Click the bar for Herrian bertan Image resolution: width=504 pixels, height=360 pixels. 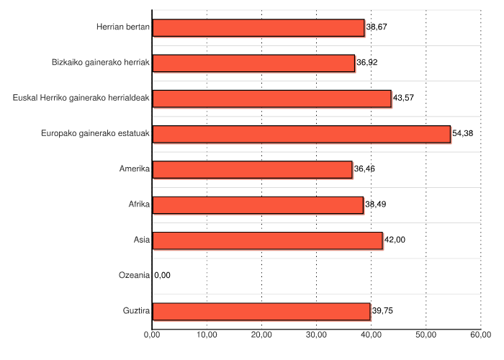point(258,27)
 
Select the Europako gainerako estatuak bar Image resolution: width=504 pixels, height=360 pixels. point(301,134)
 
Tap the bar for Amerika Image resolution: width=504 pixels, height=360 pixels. point(252,169)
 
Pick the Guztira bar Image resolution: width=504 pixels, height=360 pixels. point(261,311)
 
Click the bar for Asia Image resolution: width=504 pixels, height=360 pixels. point(267,240)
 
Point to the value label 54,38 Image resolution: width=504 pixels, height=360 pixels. point(463,134)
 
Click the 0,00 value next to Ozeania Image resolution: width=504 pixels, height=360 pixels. point(163,275)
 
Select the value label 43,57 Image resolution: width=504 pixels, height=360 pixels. point(403,99)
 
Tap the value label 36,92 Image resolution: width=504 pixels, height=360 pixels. point(367,63)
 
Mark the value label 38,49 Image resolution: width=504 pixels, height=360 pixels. point(376,204)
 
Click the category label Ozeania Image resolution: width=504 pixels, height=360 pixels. point(134,275)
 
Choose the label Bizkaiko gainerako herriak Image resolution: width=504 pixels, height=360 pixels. point(101,63)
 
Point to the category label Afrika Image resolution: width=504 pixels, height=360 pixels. point(139,204)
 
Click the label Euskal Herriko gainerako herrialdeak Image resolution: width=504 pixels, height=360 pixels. point(81,99)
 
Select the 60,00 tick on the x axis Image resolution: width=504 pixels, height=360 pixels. point(480,335)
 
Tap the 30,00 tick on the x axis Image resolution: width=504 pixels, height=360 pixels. point(316,335)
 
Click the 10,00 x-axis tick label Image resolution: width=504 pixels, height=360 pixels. point(207,335)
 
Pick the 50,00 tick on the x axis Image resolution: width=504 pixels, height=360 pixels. point(426,335)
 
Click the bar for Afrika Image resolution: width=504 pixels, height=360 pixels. point(258,204)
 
